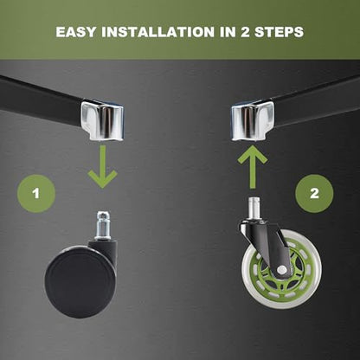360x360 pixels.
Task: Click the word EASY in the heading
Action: [75, 32]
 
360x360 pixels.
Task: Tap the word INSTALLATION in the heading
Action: [157, 32]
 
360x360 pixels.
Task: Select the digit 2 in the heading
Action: [245, 32]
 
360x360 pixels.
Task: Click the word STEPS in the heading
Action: [279, 32]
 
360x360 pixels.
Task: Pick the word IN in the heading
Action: [228, 32]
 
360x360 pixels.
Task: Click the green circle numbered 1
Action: [36, 194]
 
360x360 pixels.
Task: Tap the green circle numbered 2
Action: [314, 194]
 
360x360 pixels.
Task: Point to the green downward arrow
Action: [103, 167]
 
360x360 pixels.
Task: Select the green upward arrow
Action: [253, 167]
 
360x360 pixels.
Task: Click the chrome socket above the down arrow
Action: [102, 119]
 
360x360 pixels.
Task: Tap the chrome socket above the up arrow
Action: [253, 120]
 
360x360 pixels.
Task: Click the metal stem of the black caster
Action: [103, 225]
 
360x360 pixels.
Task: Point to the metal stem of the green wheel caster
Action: [253, 209]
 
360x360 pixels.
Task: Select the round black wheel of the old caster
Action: [80, 284]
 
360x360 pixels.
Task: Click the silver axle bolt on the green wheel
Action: [282, 270]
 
